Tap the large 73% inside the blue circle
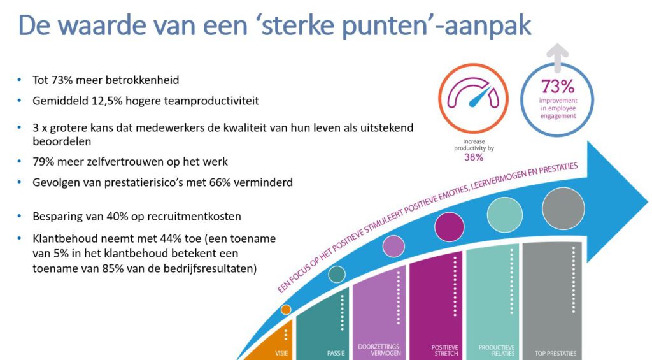point(558,87)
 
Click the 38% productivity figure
point(474,157)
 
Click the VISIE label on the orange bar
point(281,353)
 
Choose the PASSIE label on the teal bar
point(336,353)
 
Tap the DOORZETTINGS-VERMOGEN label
point(379,350)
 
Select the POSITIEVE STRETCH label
point(444,350)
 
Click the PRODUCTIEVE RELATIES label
point(497,350)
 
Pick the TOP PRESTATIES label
point(555,354)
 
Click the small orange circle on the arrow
point(286,310)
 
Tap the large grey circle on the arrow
point(563,208)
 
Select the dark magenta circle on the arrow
point(449,227)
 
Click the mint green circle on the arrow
point(505,215)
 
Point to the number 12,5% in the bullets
point(107,101)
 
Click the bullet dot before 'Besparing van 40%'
point(19,216)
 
